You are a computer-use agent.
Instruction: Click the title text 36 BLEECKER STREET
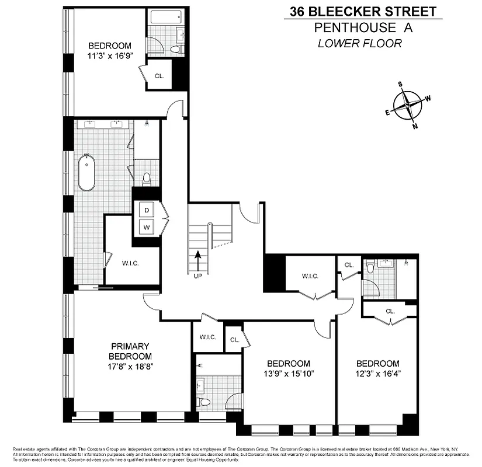click(x=363, y=11)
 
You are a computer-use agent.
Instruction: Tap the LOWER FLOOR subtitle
click(x=360, y=43)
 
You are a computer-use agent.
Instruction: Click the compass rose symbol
click(x=407, y=106)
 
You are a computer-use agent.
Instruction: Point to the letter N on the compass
click(x=415, y=126)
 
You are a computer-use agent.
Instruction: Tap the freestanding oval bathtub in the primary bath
click(x=87, y=173)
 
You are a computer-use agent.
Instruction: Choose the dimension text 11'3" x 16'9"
click(x=109, y=57)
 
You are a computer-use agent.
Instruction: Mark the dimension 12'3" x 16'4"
click(x=377, y=373)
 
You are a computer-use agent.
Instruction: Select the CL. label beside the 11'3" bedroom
click(x=159, y=76)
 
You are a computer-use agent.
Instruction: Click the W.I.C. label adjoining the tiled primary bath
click(x=130, y=263)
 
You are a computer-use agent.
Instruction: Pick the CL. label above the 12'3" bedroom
click(x=390, y=311)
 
